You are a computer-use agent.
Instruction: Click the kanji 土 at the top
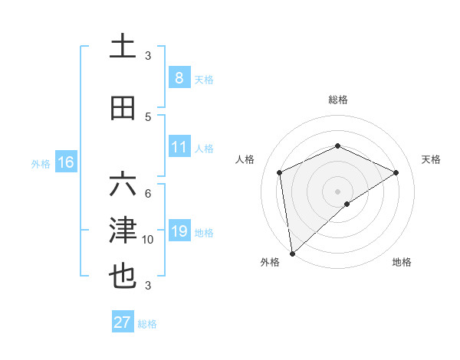123,45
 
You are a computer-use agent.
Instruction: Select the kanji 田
123,108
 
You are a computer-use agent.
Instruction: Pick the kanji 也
123,276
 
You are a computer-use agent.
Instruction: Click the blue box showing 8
179,77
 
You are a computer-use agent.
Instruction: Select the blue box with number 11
179,147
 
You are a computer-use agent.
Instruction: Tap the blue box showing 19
179,231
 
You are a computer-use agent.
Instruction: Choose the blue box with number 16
65,162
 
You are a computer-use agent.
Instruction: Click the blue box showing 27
122,322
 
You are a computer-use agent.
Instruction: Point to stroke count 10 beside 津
148,240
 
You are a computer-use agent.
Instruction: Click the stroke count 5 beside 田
148,116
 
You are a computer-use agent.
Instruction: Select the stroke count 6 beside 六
148,193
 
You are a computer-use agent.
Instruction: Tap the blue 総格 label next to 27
147,324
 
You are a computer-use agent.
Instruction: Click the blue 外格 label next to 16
40,163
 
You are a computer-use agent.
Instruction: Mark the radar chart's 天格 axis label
432,159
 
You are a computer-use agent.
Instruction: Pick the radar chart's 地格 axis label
402,262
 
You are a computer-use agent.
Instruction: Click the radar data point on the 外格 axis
292,253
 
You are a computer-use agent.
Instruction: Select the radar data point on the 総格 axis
337,146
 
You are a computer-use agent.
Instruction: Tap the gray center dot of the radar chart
337,190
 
